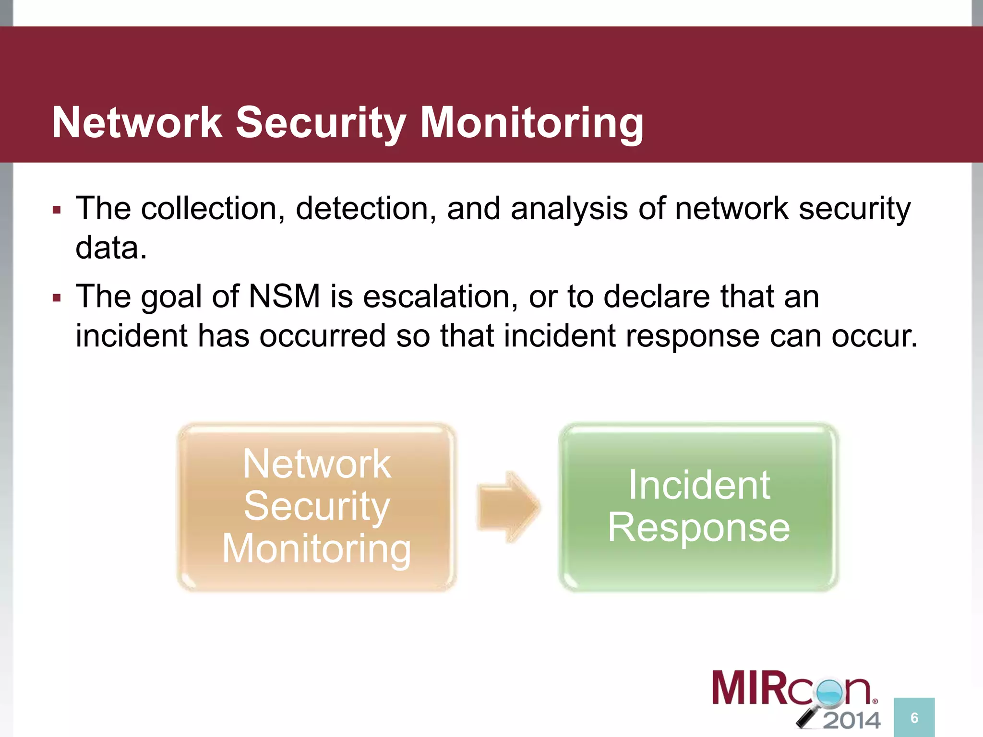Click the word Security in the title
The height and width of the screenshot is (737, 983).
[321, 123]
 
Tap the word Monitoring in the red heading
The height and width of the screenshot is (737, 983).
[531, 123]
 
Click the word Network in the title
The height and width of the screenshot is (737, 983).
[137, 123]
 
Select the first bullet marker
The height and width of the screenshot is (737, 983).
[57, 210]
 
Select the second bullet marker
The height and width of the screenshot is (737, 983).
[57, 298]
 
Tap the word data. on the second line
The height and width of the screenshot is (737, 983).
[111, 248]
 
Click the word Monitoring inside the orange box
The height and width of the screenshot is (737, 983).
[316, 549]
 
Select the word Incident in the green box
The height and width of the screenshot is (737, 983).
[699, 485]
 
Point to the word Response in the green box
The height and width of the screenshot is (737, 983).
[699, 527]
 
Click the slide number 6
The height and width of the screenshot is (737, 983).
[914, 718]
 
